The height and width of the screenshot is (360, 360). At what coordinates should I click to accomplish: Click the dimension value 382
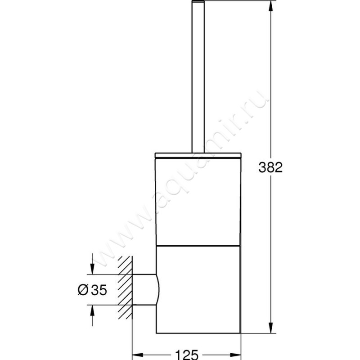point(271,167)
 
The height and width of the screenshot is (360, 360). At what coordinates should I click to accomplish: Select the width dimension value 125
point(185,355)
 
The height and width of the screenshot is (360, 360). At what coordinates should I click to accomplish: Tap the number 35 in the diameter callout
point(99,291)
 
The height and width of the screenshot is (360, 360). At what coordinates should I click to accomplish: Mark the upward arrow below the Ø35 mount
point(92,310)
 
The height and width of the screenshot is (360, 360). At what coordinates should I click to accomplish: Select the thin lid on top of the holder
point(198,156)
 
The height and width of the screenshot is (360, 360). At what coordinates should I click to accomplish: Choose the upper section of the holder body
point(198,200)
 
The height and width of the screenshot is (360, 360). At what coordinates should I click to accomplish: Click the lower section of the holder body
point(198,288)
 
